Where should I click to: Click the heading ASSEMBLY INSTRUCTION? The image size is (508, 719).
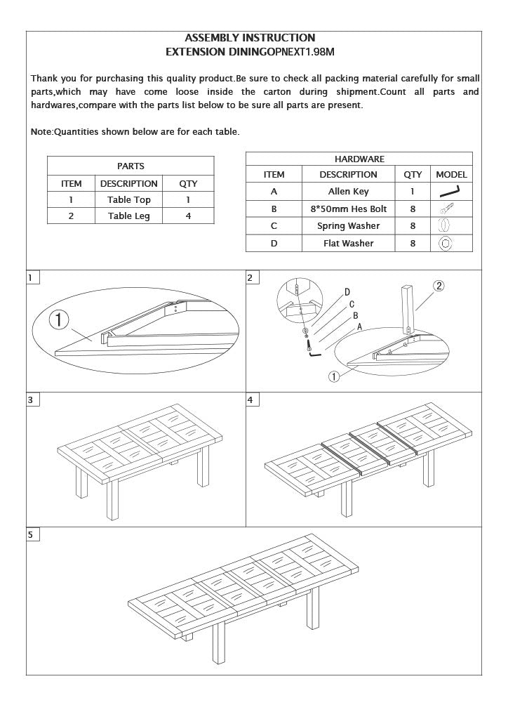point(250,38)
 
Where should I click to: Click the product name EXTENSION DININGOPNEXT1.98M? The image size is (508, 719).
point(250,52)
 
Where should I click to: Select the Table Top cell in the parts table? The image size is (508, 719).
point(128,199)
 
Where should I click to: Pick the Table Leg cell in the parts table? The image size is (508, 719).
point(128,216)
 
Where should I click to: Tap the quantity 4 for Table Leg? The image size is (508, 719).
point(188,216)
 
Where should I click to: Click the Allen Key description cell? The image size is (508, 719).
point(348,191)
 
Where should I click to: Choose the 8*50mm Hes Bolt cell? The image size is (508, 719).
point(348,209)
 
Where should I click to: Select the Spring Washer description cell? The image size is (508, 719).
point(348,226)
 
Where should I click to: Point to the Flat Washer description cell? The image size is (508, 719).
point(348,243)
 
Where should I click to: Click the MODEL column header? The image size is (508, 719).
point(451,174)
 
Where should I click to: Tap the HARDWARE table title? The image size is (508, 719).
point(359,159)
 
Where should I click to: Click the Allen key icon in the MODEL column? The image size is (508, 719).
point(450,191)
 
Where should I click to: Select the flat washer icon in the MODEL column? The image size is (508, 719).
point(445,243)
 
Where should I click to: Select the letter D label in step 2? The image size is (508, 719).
point(347,292)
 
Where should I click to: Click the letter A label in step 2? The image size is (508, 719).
point(359,326)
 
